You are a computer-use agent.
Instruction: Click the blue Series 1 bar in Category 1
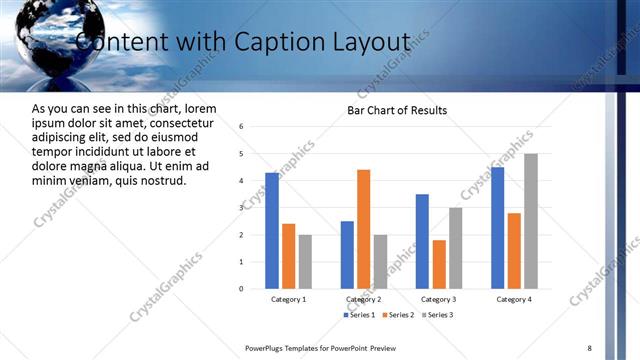(x=272, y=231)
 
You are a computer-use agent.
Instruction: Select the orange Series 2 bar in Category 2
(x=363, y=229)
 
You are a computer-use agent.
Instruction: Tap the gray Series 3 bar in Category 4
(x=530, y=221)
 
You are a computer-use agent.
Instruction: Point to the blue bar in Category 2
(x=347, y=255)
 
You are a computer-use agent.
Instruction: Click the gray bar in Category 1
(x=305, y=261)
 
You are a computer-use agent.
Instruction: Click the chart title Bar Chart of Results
(x=397, y=110)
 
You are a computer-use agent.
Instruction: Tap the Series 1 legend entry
(x=362, y=315)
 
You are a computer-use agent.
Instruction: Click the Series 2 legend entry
(x=399, y=315)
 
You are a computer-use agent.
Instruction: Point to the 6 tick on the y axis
(x=241, y=127)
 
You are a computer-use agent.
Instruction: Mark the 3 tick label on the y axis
(x=241, y=208)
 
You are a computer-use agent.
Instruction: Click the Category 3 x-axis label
(x=438, y=299)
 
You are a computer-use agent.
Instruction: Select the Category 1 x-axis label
(x=288, y=299)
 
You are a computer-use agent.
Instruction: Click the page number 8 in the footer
(x=589, y=347)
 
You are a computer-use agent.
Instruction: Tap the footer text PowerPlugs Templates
(x=290, y=347)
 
